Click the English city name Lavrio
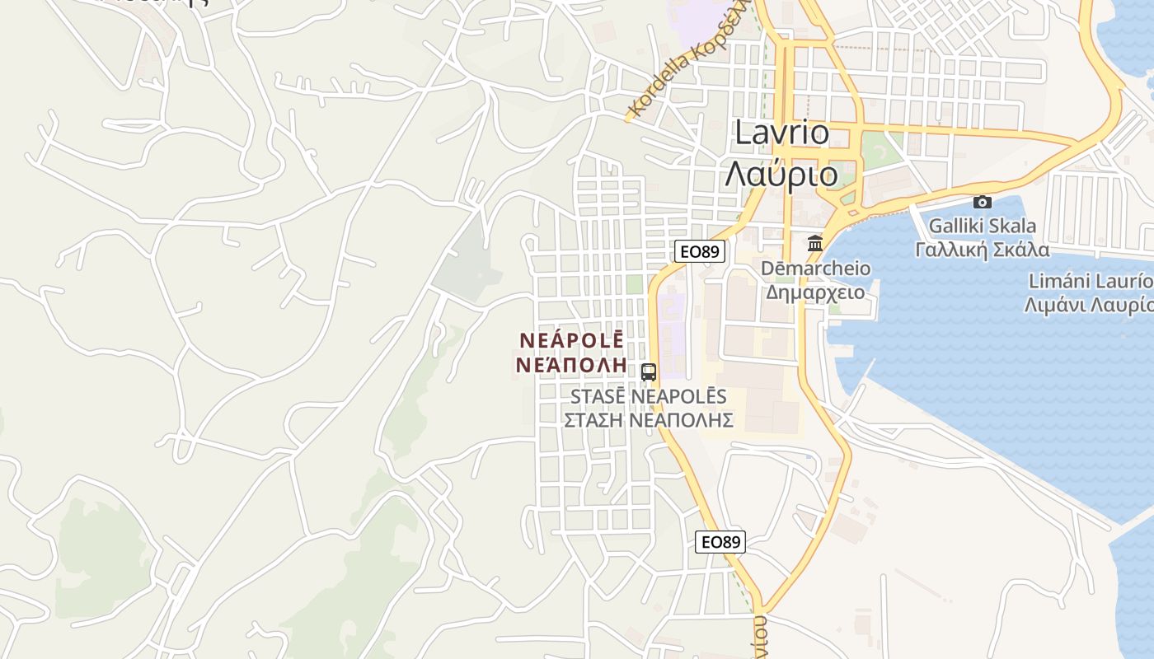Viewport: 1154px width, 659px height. click(x=781, y=133)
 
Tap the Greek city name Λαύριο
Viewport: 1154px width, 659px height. click(x=781, y=174)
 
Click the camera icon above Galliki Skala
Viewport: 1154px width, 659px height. click(x=982, y=202)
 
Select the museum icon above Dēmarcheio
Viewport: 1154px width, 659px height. click(x=815, y=243)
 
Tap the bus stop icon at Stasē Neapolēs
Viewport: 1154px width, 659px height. click(x=649, y=372)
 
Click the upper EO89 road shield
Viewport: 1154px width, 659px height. click(x=699, y=251)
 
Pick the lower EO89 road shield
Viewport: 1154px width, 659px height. click(x=720, y=541)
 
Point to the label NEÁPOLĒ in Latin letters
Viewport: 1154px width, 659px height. click(x=572, y=339)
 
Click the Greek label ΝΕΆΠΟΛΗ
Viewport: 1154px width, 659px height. click(x=570, y=364)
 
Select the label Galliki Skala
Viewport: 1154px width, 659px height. click(x=983, y=225)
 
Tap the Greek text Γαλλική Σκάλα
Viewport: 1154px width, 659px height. click(x=983, y=250)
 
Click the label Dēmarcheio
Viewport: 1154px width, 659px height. click(x=815, y=268)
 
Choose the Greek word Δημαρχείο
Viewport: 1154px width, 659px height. click(x=815, y=292)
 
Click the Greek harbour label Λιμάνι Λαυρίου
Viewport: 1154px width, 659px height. click(x=1088, y=305)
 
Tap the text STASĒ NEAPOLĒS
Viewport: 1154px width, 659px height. click(x=649, y=396)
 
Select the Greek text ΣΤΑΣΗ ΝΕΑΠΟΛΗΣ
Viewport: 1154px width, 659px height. click(x=649, y=420)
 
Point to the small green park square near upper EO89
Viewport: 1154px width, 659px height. click(x=634, y=284)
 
